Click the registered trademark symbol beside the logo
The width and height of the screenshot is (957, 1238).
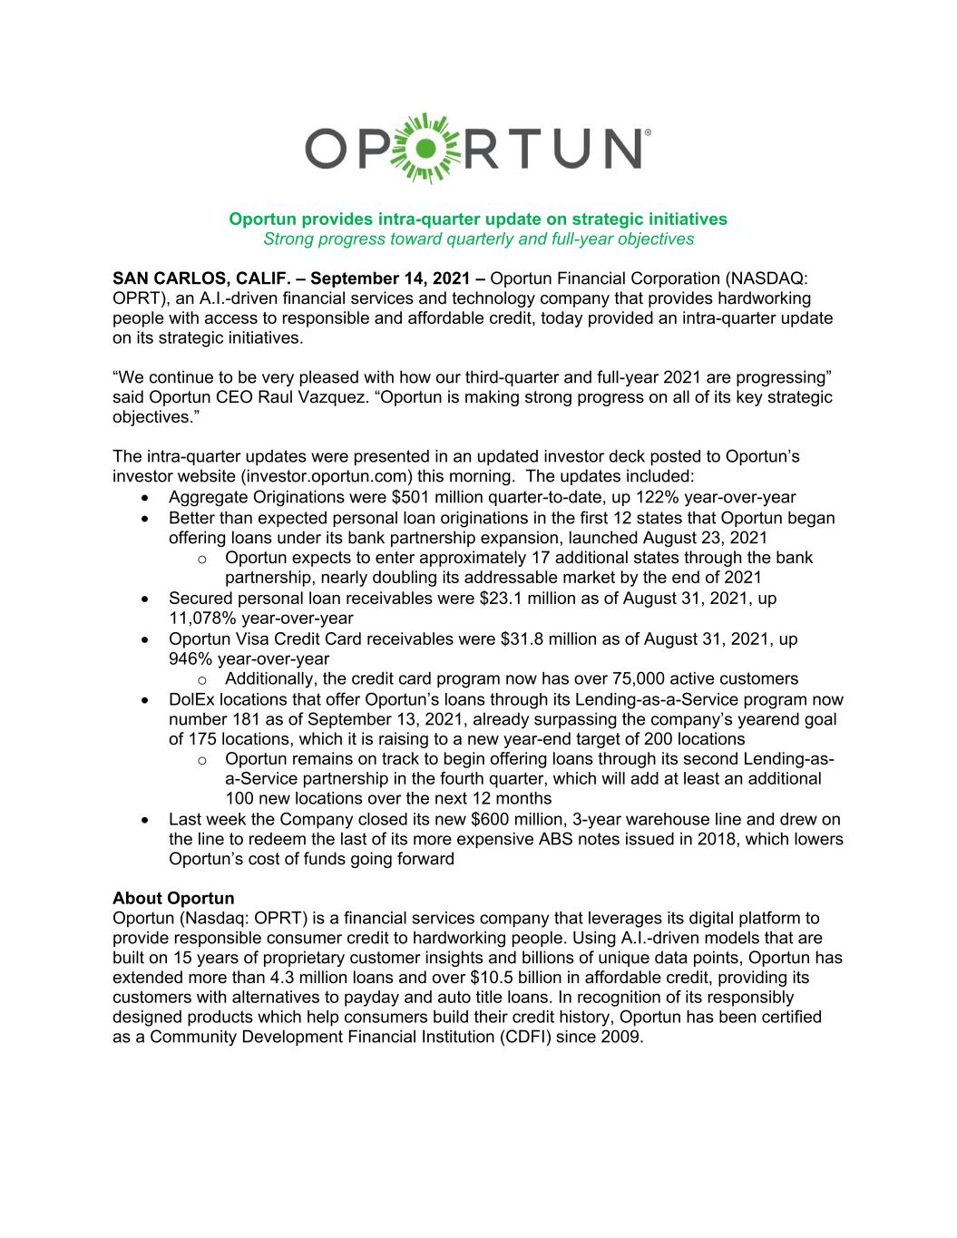pyautogui.click(x=646, y=132)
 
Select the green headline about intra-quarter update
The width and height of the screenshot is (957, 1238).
pyautogui.click(x=477, y=219)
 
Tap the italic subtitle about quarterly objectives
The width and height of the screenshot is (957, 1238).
pyautogui.click(x=477, y=239)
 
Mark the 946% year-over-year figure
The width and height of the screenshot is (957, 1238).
pyautogui.click(x=189, y=658)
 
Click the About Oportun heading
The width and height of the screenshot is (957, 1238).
pyautogui.click(x=173, y=899)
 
